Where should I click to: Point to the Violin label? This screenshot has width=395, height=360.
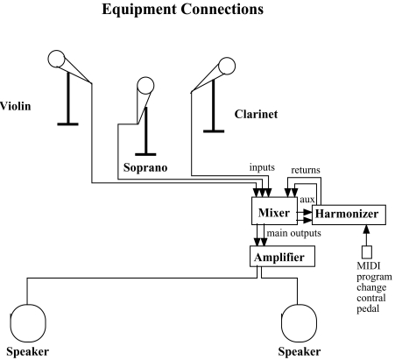(15, 106)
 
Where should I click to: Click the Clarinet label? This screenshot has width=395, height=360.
(256, 114)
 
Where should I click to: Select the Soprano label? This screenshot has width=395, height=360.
(145, 167)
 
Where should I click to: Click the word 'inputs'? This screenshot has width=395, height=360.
(262, 167)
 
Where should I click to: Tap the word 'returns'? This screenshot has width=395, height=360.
(306, 170)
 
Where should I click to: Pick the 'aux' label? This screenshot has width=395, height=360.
(307, 200)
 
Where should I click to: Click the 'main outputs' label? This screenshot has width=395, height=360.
(294, 233)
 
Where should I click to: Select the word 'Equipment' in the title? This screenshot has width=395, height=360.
(139, 10)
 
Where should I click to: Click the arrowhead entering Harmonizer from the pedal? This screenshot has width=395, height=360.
(367, 229)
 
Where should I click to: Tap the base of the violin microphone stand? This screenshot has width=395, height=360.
(67, 124)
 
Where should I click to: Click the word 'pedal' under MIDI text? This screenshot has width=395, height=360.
(368, 309)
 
